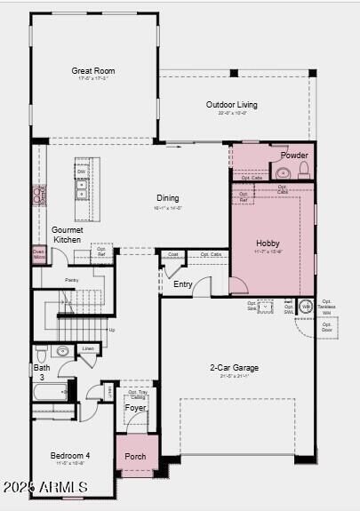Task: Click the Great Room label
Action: (93, 70)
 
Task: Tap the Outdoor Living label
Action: (232, 104)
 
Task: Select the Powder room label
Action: (294, 155)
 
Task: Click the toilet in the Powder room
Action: (303, 170)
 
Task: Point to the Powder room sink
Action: (283, 172)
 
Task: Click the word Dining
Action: (167, 198)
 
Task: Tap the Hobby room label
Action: (268, 243)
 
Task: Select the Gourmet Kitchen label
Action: (67, 235)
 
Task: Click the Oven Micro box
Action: (39, 255)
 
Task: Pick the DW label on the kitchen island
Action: (81, 172)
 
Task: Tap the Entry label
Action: (182, 284)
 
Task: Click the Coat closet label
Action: (173, 254)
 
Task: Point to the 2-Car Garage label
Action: (235, 367)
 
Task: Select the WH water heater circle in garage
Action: (305, 307)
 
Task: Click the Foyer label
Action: (135, 408)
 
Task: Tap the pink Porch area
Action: (136, 456)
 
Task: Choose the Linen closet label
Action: (88, 348)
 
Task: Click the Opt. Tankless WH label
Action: (326, 307)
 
